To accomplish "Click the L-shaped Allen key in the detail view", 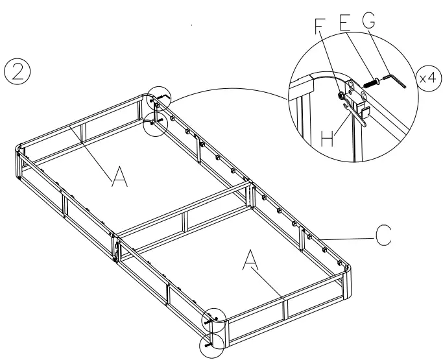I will pyautogui.click(x=396, y=81).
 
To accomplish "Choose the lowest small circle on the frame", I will pyautogui.click(x=212, y=344).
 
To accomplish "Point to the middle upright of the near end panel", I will pyautogui.click(x=283, y=308).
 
